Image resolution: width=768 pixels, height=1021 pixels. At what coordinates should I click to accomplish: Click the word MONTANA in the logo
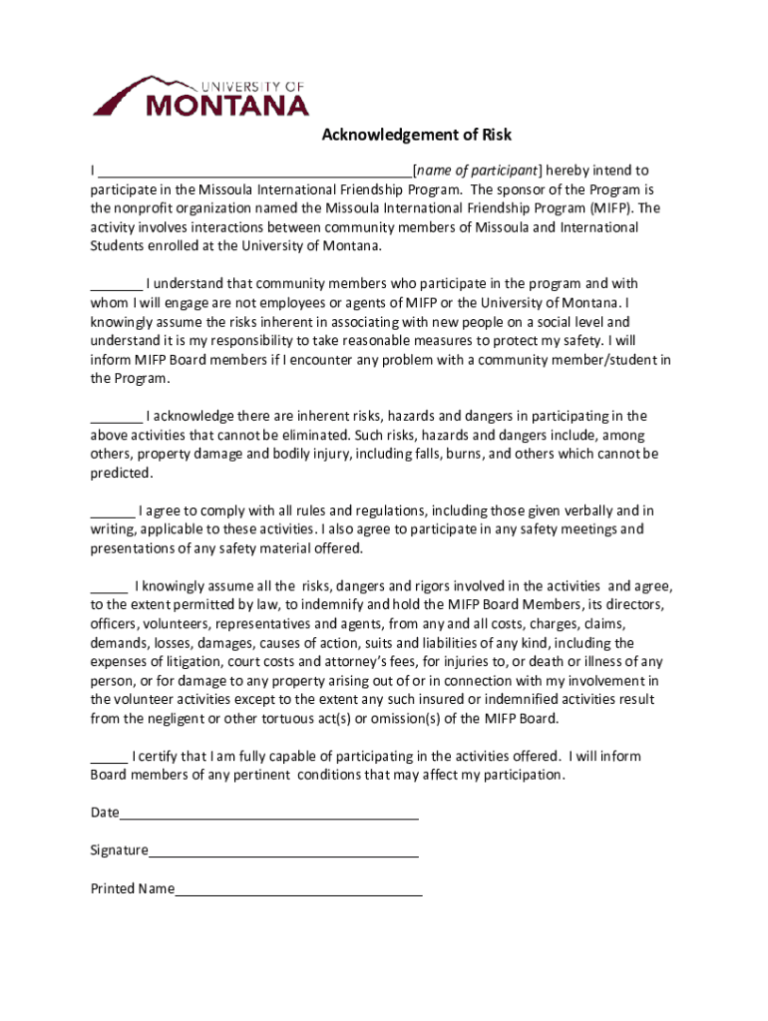coord(227,104)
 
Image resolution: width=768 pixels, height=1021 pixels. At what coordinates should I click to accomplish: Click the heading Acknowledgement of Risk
coord(416,136)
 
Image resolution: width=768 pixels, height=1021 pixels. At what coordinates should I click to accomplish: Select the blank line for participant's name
coord(255,171)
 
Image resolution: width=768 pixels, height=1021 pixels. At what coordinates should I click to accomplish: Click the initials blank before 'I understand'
coord(116,285)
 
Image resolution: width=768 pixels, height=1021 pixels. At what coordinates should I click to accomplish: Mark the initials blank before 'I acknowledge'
coord(116,417)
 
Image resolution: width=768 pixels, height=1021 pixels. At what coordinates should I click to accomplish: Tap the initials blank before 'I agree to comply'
coord(112,511)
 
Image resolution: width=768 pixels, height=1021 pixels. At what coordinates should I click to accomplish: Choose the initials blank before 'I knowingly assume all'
coord(109,587)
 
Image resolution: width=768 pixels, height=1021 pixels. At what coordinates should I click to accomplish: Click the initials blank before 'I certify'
coord(109,757)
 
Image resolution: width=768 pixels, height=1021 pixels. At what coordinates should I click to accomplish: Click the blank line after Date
coord(268,814)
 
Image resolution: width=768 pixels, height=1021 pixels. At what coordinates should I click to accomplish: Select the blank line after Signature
coord(283,851)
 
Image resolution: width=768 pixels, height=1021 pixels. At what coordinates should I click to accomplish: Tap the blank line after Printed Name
coord(298,889)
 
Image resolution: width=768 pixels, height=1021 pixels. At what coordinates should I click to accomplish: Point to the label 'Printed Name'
coord(133,889)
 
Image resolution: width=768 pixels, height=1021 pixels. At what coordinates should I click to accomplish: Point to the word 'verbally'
coord(588,511)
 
